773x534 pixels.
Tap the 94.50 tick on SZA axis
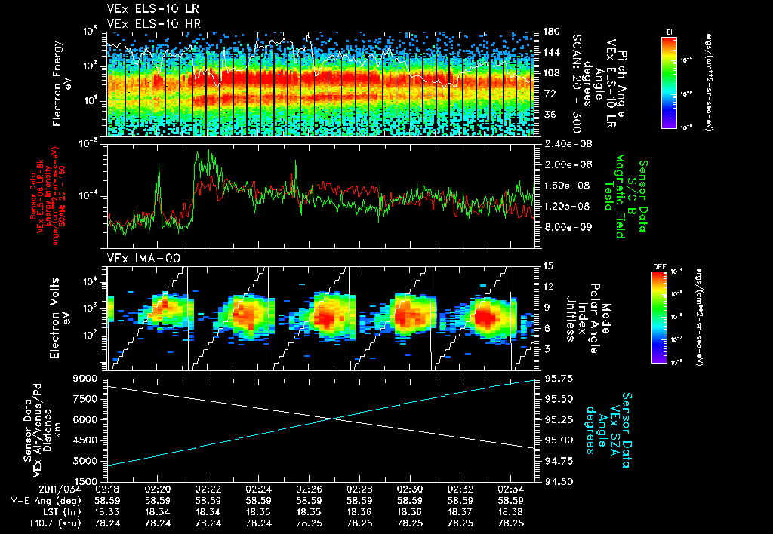point(557,480)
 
